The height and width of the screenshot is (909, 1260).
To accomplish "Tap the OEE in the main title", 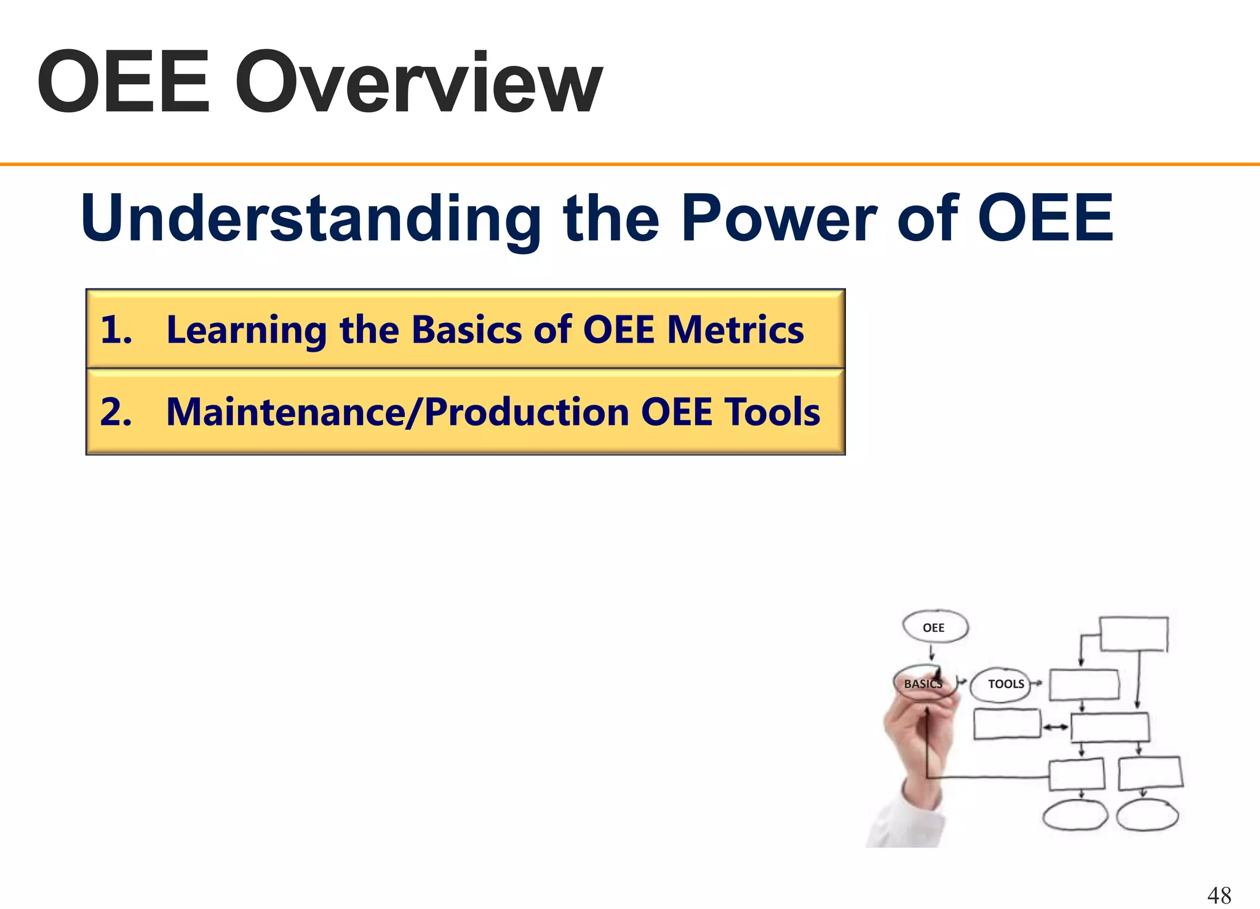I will click(x=123, y=83).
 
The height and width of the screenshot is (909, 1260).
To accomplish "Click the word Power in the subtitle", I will click(x=778, y=218).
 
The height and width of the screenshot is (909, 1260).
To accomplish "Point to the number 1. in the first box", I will click(x=116, y=330).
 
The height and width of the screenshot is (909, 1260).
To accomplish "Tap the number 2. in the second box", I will click(x=116, y=411).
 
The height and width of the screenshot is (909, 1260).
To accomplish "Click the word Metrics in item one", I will click(x=735, y=330).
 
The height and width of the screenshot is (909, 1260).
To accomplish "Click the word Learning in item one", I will click(x=246, y=330).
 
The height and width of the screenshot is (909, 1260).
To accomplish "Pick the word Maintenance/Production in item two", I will click(x=397, y=411).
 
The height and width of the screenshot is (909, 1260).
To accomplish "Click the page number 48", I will click(x=1219, y=895).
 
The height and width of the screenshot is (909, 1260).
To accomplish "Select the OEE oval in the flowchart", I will click(x=935, y=627).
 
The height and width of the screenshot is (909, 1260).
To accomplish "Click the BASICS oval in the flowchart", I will click(x=923, y=683).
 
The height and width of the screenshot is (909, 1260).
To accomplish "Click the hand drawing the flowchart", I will click(x=917, y=756).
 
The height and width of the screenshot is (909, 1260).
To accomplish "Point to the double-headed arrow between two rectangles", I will click(x=1056, y=728).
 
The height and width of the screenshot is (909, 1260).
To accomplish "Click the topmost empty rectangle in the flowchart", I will click(x=1133, y=633).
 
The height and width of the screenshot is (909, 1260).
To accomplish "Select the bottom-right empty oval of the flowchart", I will click(x=1147, y=816).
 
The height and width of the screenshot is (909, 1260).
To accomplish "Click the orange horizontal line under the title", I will click(x=630, y=164).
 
